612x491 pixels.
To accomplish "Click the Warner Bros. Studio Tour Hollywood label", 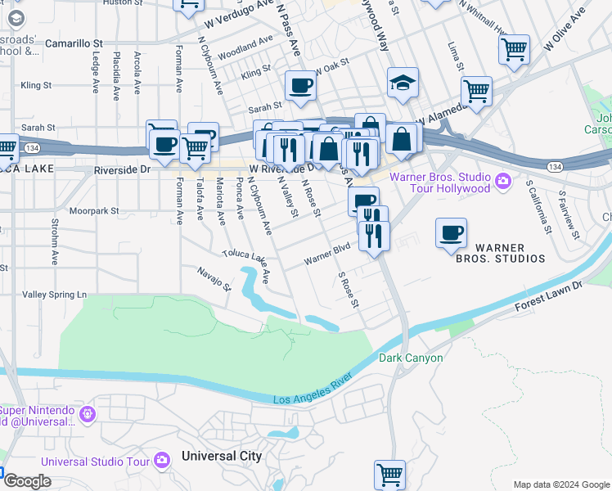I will point(439,182).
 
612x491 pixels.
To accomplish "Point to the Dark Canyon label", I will point(411,358).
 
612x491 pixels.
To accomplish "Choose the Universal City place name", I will point(222,456).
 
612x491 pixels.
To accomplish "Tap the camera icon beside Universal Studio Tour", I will point(162,461).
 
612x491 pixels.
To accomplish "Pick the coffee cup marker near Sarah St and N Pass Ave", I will point(300,85).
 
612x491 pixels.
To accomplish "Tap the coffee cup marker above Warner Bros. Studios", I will point(451,232).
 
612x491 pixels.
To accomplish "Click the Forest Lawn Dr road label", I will point(548,295).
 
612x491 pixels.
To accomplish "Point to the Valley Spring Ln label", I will point(54,295).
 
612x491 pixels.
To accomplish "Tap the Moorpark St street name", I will point(94,211).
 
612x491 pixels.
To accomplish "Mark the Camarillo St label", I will point(74,41).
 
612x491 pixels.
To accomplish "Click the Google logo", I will point(27,481).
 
